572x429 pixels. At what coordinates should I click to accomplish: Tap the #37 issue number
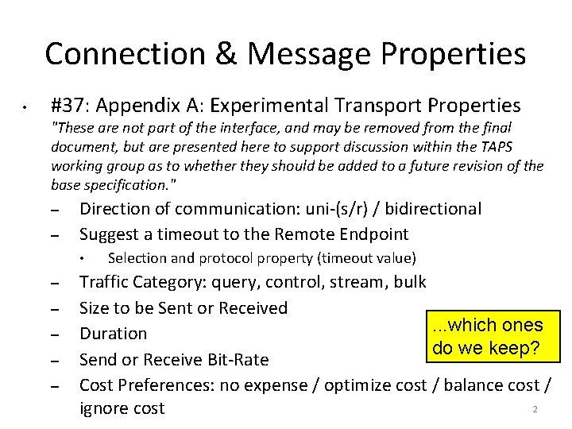click(x=68, y=105)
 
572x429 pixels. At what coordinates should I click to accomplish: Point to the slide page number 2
click(x=535, y=410)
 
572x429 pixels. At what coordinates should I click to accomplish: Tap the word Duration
click(x=114, y=334)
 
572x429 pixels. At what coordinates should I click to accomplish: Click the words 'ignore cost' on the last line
click(x=122, y=408)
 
